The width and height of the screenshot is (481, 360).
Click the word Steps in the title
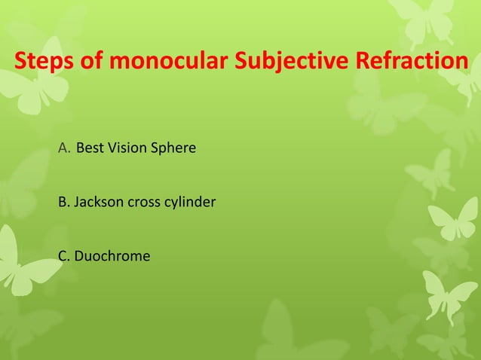point(43,60)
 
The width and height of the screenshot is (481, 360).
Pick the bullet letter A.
point(63,148)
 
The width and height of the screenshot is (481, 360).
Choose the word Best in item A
point(89,148)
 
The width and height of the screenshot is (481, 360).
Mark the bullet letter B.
point(63,203)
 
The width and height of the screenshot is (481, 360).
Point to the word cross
point(147,203)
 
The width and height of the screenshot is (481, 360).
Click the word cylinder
point(192,203)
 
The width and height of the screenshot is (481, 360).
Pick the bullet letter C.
point(63,257)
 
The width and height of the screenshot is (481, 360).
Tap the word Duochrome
point(112,257)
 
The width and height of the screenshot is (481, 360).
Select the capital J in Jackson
point(77,203)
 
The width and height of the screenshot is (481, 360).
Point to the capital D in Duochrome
point(78,257)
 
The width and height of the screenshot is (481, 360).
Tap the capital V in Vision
point(110,148)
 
